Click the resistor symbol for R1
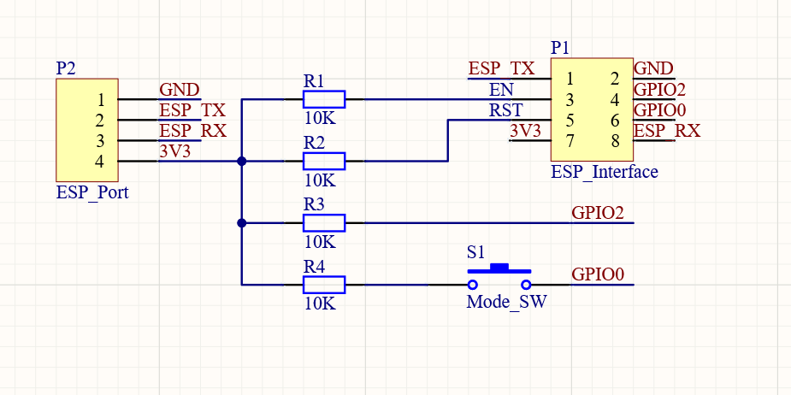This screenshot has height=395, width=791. click(x=324, y=100)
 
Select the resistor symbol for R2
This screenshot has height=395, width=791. click(x=324, y=161)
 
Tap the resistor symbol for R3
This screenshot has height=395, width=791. click(x=324, y=223)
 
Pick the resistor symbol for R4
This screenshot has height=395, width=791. click(x=324, y=285)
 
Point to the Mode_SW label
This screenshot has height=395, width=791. click(x=506, y=302)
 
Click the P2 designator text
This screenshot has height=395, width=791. click(x=66, y=68)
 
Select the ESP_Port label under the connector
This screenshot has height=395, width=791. click(x=92, y=192)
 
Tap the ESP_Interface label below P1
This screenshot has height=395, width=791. click(x=605, y=172)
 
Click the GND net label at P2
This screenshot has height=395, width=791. click(x=180, y=90)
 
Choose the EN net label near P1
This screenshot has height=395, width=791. click(x=501, y=90)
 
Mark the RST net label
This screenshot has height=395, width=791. click(x=504, y=110)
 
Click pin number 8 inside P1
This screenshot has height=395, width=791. click(x=615, y=141)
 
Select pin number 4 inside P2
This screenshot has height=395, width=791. click(x=100, y=161)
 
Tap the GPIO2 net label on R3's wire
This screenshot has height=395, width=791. click(x=597, y=213)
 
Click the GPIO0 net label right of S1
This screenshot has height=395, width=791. click(x=599, y=274)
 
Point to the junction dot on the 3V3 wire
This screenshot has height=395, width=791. click(x=242, y=161)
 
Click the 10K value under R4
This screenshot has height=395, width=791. click(x=320, y=303)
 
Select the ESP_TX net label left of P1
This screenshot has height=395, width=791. click(x=502, y=69)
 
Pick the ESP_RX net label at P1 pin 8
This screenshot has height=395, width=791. click(x=666, y=131)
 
